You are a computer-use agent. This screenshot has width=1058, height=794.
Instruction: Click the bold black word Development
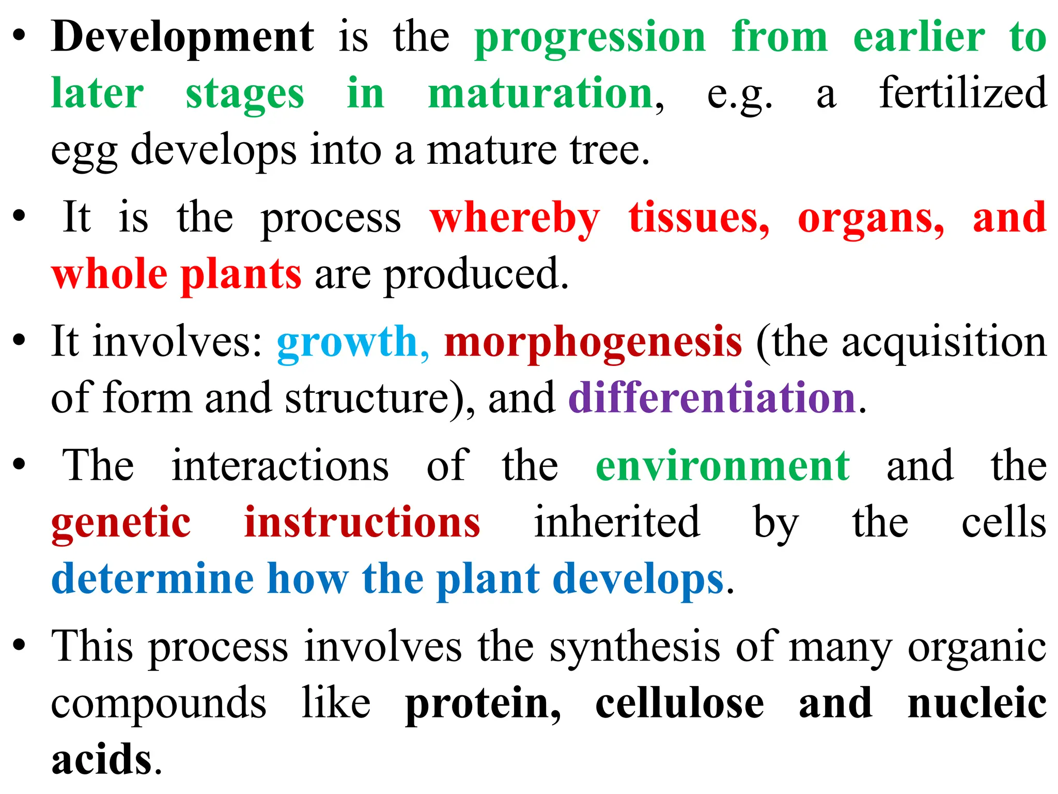pos(182,37)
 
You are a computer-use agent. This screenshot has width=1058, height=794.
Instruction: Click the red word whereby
pos(515,218)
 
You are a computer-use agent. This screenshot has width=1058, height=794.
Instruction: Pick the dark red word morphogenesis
pos(593,342)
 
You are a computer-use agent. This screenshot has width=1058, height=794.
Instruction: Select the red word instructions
pos(362,522)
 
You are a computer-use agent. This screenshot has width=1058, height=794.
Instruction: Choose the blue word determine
pos(153,579)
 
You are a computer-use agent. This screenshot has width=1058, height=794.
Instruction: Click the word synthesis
pos(634,647)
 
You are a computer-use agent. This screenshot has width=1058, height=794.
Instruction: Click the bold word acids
pos(102,760)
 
